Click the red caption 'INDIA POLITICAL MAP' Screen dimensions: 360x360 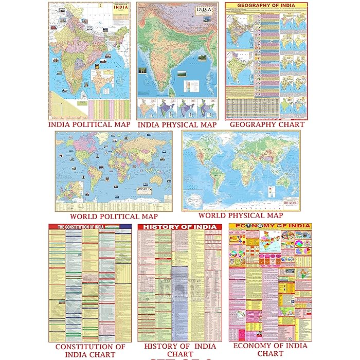coord(88,124)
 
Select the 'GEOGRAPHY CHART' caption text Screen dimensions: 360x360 coord(267,124)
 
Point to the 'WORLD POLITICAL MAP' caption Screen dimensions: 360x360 coord(114,217)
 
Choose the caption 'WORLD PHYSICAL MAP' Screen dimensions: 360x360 coord(240,215)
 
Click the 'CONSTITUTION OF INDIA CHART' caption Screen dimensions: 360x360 coord(90,350)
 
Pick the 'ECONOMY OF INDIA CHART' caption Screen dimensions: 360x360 coord(270,350)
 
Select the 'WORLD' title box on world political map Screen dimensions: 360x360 coord(144,190)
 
